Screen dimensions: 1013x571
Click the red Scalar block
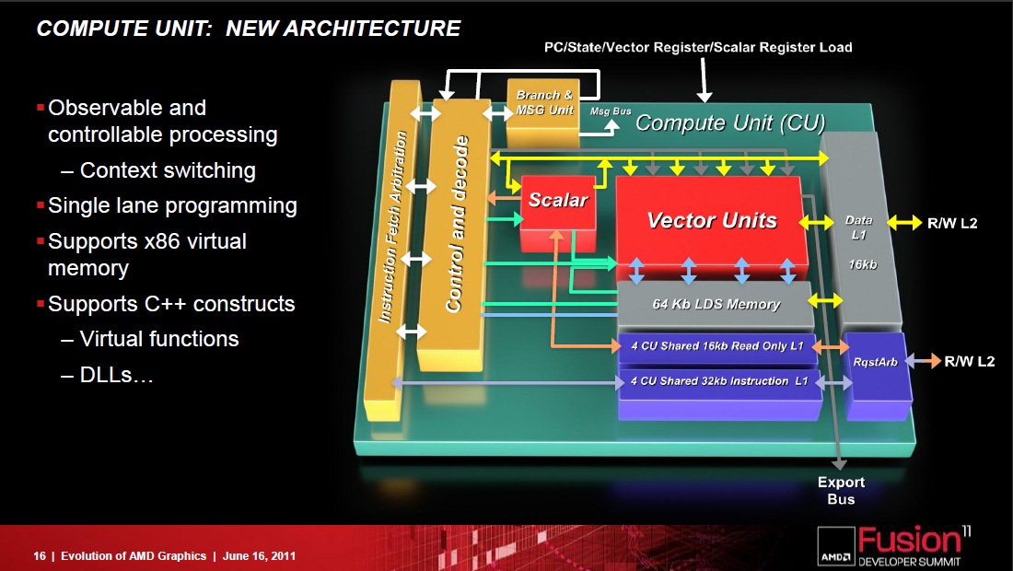(558, 212)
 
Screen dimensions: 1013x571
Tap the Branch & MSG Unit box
(543, 112)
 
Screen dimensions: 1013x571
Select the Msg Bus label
(611, 111)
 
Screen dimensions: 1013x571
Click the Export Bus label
(841, 490)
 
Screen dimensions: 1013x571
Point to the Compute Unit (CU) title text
(730, 122)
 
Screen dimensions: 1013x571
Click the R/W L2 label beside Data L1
(952, 224)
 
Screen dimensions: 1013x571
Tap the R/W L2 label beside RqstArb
(969, 361)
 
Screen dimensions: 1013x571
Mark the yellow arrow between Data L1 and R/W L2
(904, 223)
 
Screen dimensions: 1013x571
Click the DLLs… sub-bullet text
(116, 374)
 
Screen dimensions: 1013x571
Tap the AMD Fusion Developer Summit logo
(894, 546)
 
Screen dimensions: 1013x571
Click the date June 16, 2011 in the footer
(259, 555)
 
